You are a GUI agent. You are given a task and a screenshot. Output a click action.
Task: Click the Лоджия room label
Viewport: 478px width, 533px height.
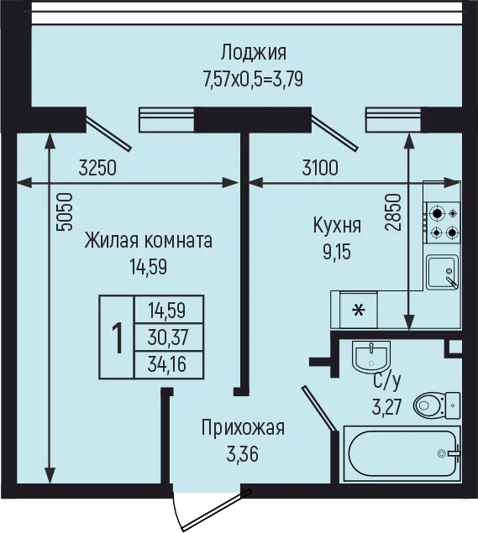tap(254, 53)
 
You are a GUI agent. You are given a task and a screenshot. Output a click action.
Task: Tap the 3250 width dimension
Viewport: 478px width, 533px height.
tap(97, 168)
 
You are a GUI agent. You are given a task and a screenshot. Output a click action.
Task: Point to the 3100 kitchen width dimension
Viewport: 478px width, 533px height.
tap(320, 168)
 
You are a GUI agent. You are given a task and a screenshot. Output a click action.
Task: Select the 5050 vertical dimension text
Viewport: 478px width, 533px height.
tap(65, 212)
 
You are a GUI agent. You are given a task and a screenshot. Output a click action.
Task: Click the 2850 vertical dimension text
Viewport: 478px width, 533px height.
tap(391, 212)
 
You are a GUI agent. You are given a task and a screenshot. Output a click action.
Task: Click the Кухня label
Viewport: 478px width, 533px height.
tap(337, 225)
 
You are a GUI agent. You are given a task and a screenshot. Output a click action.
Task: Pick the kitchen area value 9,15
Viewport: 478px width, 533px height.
tap(337, 252)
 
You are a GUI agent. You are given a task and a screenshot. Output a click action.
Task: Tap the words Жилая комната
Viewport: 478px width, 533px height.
tap(149, 241)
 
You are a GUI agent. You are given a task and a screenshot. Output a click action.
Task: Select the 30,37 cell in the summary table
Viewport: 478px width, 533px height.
tap(168, 337)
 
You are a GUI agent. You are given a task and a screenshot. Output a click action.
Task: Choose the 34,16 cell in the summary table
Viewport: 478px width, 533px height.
tap(167, 364)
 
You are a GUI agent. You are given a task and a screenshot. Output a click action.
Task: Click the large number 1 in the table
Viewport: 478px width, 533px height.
tap(118, 338)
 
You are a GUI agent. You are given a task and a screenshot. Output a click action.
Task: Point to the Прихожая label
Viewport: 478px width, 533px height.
tap(243, 428)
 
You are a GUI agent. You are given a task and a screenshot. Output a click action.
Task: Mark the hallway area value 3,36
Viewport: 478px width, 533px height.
tap(243, 454)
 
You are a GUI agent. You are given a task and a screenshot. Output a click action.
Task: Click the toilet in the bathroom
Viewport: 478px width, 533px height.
tap(437, 405)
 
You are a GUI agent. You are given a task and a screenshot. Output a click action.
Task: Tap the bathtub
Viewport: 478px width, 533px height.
tap(402, 453)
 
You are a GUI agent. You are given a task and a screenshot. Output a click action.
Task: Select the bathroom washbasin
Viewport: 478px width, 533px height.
tap(371, 358)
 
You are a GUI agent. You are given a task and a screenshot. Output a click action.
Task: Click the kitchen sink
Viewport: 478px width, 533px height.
tap(442, 272)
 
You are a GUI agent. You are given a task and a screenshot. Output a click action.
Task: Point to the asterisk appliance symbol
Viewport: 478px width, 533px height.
tap(359, 310)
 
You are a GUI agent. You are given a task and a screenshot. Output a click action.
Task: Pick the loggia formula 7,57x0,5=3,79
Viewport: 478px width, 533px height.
tap(253, 80)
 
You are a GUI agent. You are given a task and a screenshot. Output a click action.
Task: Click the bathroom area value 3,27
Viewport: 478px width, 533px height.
tap(387, 407)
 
